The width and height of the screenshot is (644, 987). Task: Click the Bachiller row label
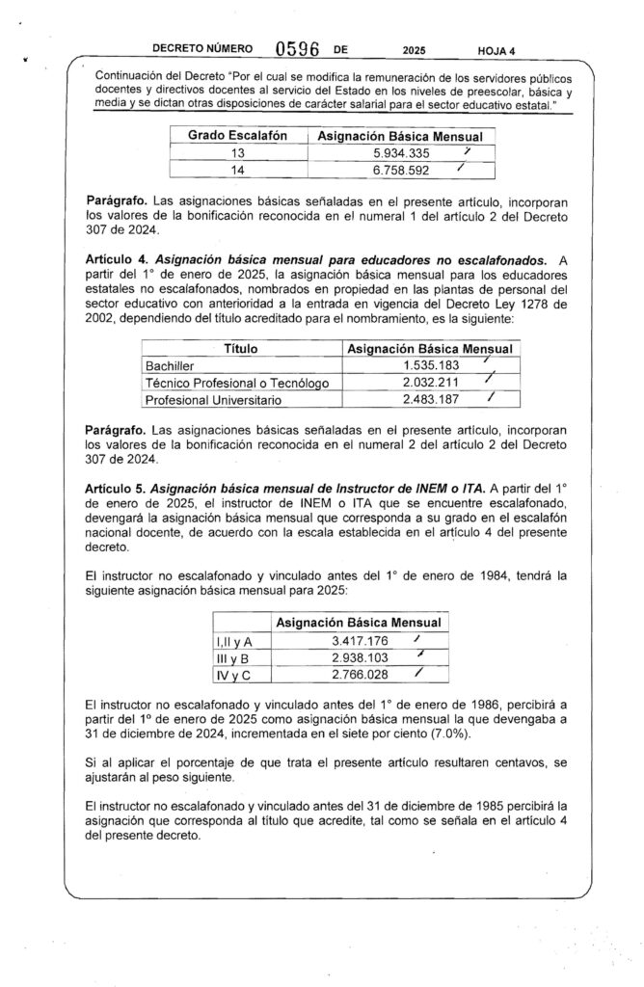pyautogui.click(x=170, y=366)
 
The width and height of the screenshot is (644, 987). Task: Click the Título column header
pyautogui.click(x=240, y=348)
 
